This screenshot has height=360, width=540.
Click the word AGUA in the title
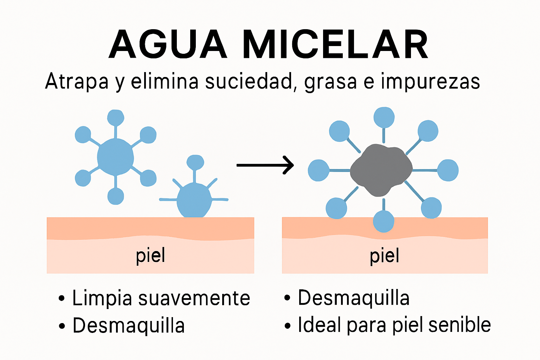point(168,45)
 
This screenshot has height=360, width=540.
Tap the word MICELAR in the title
point(335,45)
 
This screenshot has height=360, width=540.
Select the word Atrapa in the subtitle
point(77,82)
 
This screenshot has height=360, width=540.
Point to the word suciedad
point(249,82)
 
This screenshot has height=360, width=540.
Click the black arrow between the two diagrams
point(265,165)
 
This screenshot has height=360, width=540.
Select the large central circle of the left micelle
point(115,157)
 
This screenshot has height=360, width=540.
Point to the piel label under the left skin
point(150,256)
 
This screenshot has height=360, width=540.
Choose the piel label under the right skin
point(384,256)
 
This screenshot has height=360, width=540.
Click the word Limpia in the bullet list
point(102,298)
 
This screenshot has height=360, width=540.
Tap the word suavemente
point(194,298)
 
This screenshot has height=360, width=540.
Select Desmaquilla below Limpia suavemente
point(128,326)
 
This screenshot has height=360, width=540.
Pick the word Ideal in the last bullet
point(319,325)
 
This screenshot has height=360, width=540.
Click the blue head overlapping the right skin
point(384,221)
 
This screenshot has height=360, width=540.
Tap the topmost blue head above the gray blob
point(384,117)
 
